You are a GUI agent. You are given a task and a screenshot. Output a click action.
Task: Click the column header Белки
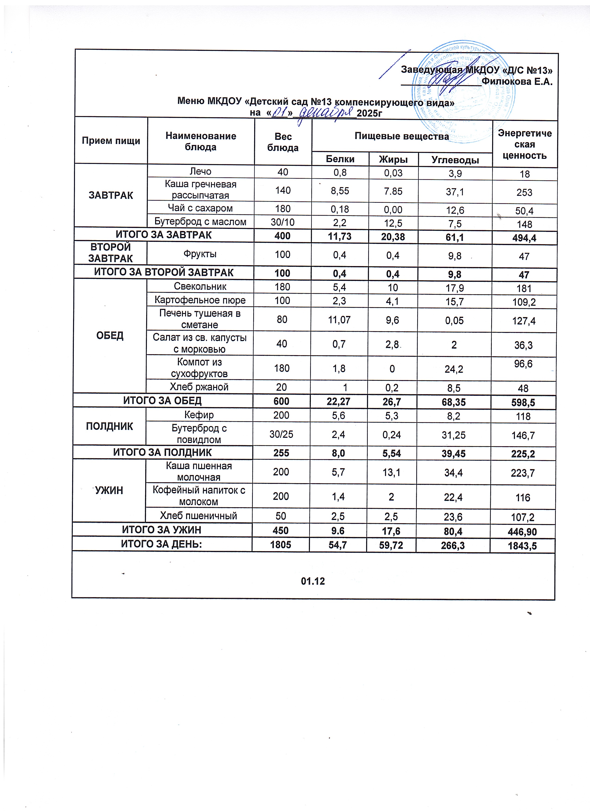[340, 159]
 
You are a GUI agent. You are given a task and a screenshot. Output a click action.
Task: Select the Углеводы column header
[455, 160]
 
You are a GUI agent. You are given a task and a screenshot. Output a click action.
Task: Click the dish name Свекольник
[200, 286]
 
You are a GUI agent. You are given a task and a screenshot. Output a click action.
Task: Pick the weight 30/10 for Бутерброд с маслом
[283, 222]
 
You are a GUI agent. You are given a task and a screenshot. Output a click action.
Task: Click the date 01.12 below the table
[313, 581]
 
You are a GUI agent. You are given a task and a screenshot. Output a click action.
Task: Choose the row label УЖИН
[109, 490]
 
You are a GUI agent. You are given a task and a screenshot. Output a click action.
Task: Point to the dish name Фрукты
[200, 254]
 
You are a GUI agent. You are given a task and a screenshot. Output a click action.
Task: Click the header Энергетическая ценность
[525, 144]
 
